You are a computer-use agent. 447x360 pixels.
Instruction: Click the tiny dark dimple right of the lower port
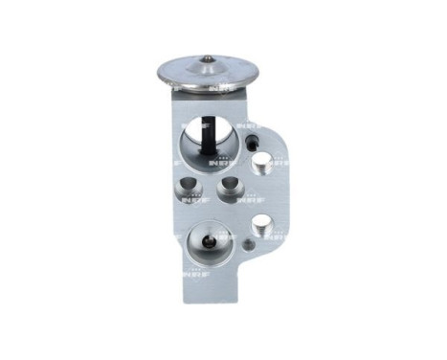(x=248, y=244)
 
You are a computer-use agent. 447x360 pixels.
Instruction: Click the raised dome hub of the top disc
(x=208, y=69)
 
